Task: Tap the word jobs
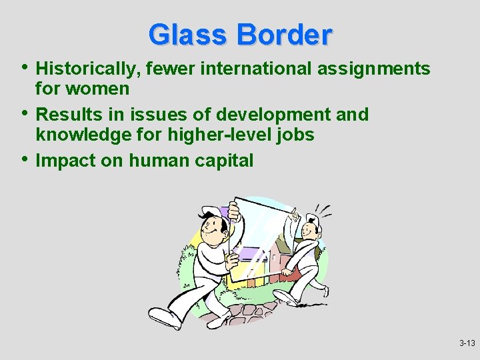pos(294,135)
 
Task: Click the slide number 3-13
pos(467,343)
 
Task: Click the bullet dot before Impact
pos(25,159)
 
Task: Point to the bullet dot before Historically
pos(25,67)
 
